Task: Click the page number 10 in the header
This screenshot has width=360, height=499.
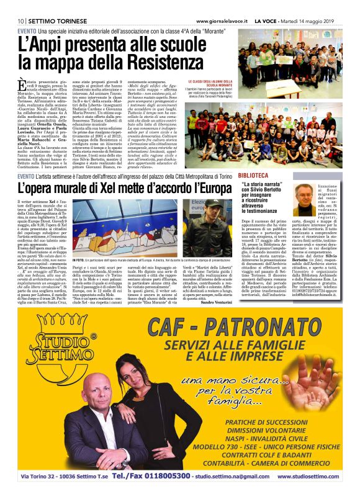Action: click(x=20, y=21)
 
